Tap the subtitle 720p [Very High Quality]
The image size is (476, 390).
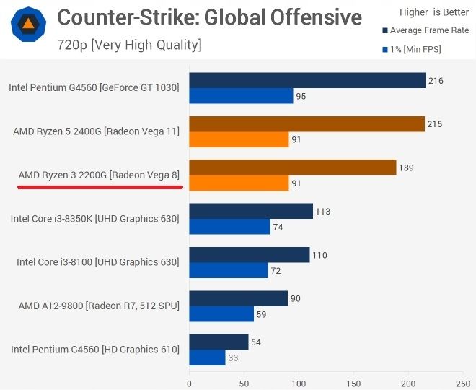click(x=129, y=45)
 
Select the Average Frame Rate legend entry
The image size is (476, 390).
click(x=426, y=30)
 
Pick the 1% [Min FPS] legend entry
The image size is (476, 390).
click(x=410, y=49)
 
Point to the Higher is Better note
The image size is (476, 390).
click(x=433, y=12)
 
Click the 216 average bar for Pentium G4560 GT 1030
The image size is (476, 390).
click(x=307, y=80)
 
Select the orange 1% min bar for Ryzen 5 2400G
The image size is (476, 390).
click(x=239, y=140)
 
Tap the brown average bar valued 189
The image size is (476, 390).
click(x=292, y=168)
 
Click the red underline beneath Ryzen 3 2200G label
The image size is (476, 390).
click(x=100, y=186)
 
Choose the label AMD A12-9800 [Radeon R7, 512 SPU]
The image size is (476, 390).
click(x=99, y=305)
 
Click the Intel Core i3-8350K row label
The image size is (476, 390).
click(x=94, y=218)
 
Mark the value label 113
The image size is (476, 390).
click(x=322, y=211)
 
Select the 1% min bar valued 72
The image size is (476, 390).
click(x=229, y=271)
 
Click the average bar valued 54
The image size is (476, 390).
click(x=219, y=342)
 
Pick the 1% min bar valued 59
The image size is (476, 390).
click(x=221, y=314)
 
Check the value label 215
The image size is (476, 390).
click(x=434, y=124)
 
